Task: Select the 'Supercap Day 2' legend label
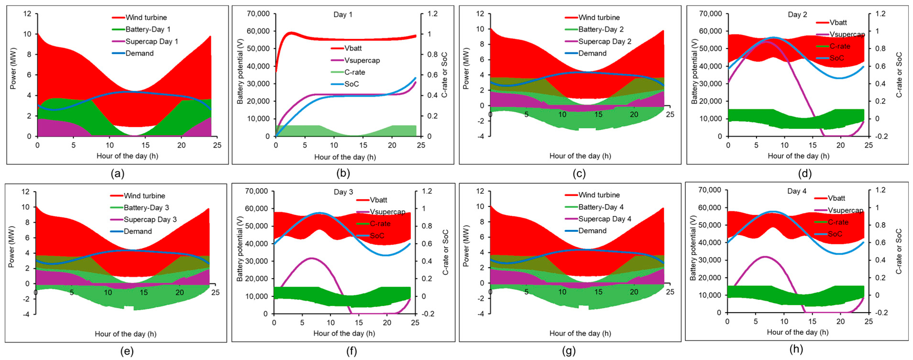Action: (598, 41)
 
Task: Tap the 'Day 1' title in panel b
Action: (343, 15)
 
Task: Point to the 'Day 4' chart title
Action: (797, 191)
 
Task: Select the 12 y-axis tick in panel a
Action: (27, 14)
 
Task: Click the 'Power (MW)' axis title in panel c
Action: (465, 69)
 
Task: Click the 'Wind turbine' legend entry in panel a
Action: (139, 17)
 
